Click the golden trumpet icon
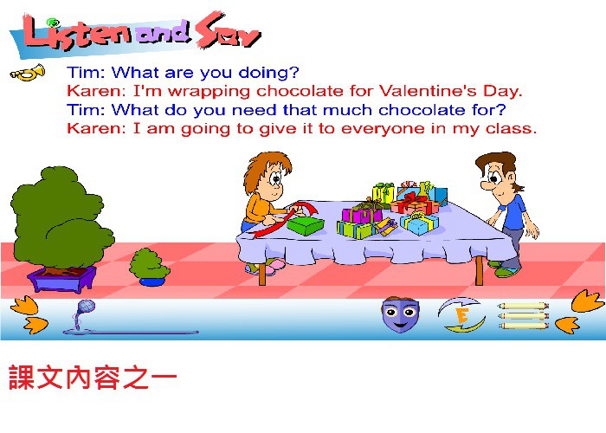[x=28, y=72]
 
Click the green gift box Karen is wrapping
[x=306, y=225]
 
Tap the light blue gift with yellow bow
[x=419, y=223]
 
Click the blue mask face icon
[x=400, y=314]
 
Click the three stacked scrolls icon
[x=523, y=316]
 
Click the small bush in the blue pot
[x=150, y=267]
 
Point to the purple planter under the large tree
[x=61, y=279]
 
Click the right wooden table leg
[x=479, y=270]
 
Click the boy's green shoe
[x=506, y=272]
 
